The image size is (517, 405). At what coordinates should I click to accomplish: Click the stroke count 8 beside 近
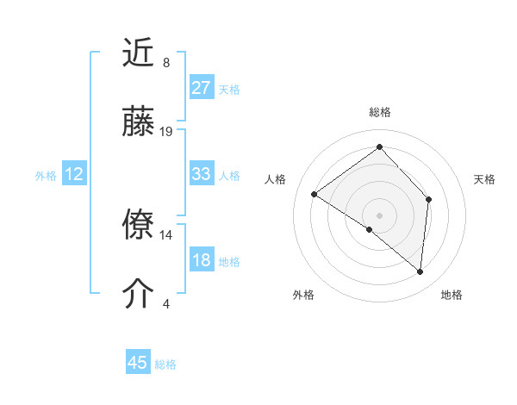[165, 63]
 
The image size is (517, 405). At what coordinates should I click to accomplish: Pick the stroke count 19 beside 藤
[166, 132]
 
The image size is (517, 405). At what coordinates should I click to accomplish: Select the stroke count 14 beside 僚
[166, 234]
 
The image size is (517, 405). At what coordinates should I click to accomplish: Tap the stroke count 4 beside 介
[165, 303]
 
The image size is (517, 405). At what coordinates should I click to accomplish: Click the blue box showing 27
[201, 88]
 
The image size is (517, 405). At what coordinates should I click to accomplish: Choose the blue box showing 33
[201, 174]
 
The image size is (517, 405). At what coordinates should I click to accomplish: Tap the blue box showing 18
[201, 261]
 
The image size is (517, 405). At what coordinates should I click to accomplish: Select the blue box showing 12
[74, 174]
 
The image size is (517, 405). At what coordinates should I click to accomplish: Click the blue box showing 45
[138, 363]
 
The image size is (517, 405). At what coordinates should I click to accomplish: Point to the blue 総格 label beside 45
[165, 364]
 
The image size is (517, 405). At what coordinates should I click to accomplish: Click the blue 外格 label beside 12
[46, 176]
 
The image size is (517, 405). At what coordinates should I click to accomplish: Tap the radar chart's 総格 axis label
[379, 112]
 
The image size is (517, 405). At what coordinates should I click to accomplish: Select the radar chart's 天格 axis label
[484, 179]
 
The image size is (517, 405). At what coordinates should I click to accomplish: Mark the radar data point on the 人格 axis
[315, 194]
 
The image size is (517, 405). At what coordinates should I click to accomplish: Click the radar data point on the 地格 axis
[420, 271]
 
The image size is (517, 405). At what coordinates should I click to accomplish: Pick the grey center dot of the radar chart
[379, 215]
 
